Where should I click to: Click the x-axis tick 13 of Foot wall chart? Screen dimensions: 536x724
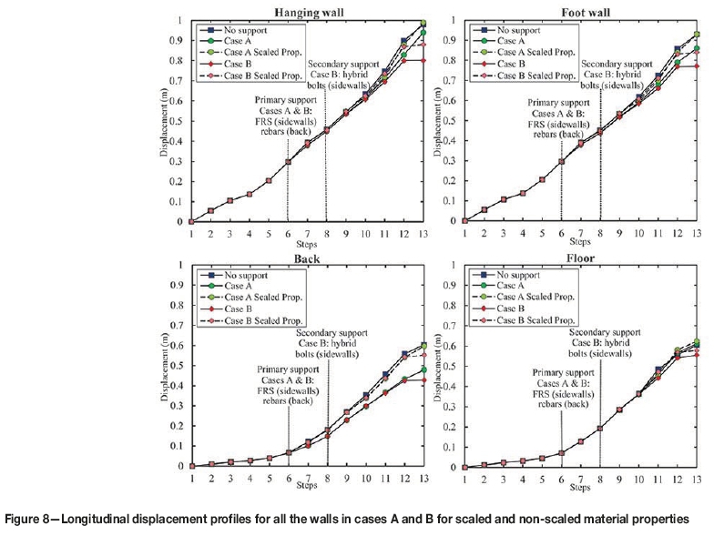point(698,235)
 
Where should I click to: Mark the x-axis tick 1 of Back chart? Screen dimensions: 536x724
point(192,480)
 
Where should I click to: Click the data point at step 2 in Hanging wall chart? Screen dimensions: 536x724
point(211,210)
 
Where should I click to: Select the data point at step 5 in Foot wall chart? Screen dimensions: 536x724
point(542,179)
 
